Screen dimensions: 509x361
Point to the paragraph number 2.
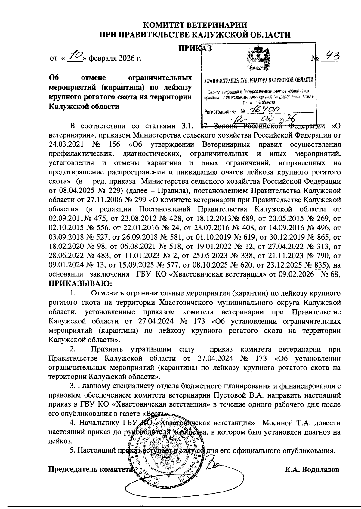(x=72, y=350)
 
